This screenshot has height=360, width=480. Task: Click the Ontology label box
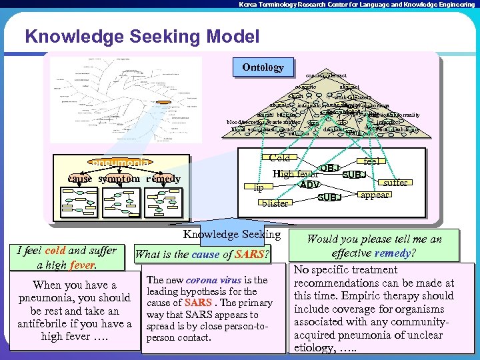[263, 67]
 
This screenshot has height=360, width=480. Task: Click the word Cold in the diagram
[279, 158]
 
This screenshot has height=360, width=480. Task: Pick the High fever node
[296, 173]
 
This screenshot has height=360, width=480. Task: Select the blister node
[274, 203]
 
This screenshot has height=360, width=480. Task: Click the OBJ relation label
[330, 167]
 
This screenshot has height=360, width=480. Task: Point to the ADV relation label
[309, 184]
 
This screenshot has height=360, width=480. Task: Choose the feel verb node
[371, 161]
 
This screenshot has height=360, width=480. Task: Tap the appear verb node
[375, 195]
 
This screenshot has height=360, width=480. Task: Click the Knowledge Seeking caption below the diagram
[231, 234]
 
